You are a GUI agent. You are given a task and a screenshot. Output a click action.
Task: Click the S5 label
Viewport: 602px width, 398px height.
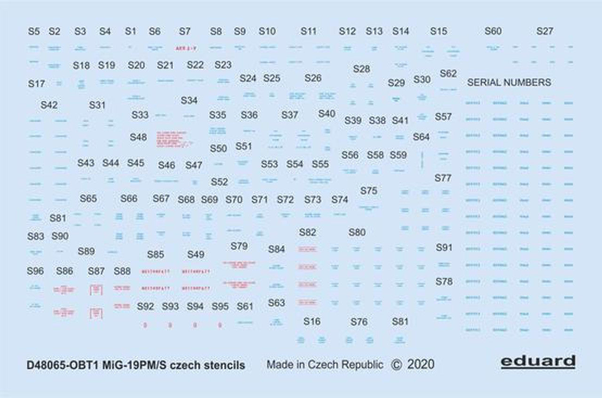pos(34,32)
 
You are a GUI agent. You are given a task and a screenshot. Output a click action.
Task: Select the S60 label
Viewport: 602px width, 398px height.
pos(493,32)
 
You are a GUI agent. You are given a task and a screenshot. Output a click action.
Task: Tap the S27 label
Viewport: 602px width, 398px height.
pos(545,32)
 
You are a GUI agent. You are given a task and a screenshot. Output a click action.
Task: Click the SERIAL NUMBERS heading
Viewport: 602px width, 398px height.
pos(509,82)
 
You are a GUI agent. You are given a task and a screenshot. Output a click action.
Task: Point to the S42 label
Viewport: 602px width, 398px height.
pos(49,105)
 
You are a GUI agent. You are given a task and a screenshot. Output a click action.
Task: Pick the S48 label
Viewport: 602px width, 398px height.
pos(138,137)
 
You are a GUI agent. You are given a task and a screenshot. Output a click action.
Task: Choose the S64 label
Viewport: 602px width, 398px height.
pos(421,137)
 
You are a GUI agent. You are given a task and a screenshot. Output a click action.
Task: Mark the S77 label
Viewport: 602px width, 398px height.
pos(443,178)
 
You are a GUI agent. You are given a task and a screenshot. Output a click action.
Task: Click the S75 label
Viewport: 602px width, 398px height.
pos(369,191)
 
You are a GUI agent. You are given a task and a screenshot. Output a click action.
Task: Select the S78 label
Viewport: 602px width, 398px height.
pos(444,281)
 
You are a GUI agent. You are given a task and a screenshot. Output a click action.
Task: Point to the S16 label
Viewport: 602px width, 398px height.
pos(312,321)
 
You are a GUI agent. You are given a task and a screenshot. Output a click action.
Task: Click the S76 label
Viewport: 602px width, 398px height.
pos(359,322)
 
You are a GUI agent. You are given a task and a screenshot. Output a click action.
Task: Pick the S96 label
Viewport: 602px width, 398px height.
pos(35,271)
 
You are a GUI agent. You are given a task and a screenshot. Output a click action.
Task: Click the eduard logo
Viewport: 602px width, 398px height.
pos(538,362)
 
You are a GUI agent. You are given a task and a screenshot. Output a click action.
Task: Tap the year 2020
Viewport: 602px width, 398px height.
pos(421,365)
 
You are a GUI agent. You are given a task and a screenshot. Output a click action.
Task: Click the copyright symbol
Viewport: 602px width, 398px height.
pos(396,365)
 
